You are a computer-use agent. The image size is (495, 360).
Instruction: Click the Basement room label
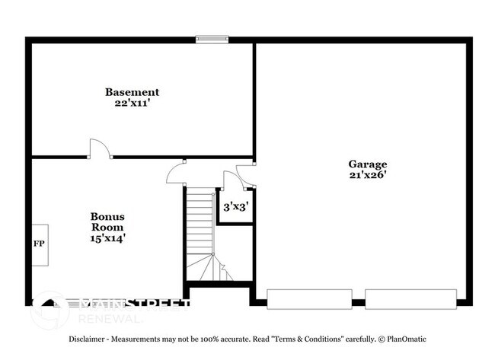point(132,92)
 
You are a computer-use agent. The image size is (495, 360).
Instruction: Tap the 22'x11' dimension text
point(132,103)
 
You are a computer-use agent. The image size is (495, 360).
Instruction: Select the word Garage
point(368,164)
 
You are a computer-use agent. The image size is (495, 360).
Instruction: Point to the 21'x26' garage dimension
point(368,174)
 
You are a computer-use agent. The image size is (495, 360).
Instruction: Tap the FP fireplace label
point(38,244)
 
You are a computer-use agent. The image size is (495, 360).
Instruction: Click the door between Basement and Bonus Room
point(100,150)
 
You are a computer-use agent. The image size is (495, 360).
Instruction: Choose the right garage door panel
point(410,298)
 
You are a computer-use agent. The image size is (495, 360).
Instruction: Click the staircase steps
point(200,228)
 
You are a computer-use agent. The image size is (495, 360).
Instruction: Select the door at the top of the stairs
point(176,173)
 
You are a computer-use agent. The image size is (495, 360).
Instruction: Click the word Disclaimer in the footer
point(90,339)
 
